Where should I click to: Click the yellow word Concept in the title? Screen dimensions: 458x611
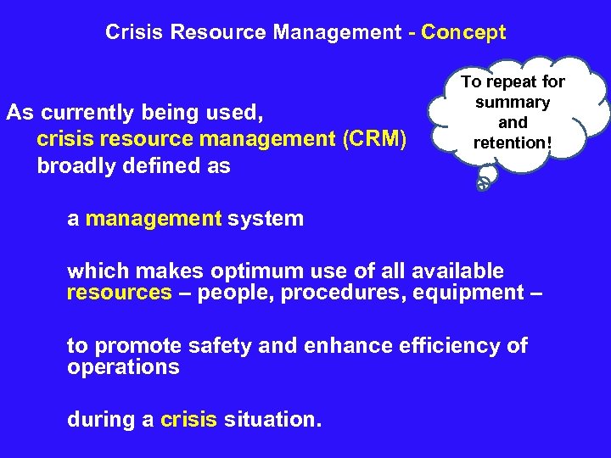(x=463, y=33)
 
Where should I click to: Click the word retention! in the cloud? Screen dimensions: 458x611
(x=513, y=142)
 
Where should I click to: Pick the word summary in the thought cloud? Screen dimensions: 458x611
(x=513, y=103)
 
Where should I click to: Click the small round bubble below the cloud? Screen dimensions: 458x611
(x=483, y=182)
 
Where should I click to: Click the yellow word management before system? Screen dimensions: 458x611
(x=153, y=219)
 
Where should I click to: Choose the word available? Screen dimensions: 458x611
(x=457, y=271)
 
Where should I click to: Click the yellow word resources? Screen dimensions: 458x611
(x=119, y=293)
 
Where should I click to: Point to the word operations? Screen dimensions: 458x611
(x=123, y=367)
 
